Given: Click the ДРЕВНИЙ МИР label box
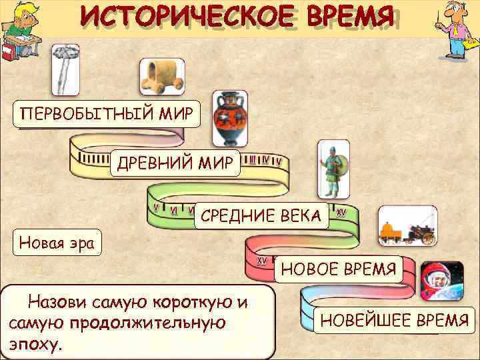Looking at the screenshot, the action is click(176, 163).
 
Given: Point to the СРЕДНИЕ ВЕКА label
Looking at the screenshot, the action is click(261, 215).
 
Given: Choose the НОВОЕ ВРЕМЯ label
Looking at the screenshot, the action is click(339, 269).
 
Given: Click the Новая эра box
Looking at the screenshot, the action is click(57, 241).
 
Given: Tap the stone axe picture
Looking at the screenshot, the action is click(66, 69).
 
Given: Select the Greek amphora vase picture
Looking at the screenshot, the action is click(230, 119).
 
